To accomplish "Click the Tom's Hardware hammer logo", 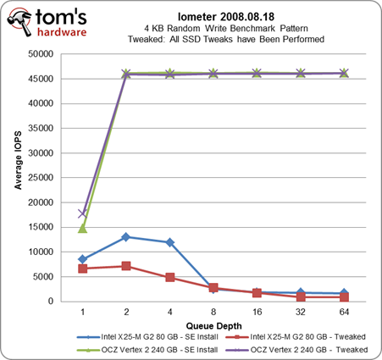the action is click(19, 21).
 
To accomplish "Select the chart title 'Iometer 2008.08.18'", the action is click(226, 17).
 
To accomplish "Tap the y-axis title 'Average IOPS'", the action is click(18, 160).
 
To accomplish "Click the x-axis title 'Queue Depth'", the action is click(213, 326).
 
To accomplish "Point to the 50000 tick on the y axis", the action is click(41, 54).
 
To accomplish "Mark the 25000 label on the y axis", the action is click(41, 178).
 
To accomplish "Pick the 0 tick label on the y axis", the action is click(51, 302).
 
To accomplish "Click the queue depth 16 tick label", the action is click(257, 312).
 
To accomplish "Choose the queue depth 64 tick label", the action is click(344, 312).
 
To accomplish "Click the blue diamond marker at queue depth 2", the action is click(126, 237).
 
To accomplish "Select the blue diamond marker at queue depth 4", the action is click(169, 242).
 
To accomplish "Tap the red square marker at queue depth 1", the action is click(82, 269).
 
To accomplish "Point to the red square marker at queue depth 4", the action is click(169, 277).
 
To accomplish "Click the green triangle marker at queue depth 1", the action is click(82, 228).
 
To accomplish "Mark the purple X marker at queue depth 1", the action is click(82, 213).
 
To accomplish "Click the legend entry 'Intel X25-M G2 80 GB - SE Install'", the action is click(147, 337).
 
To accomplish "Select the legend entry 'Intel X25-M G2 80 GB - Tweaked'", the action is click(296, 337).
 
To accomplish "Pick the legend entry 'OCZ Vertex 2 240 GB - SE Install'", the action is click(147, 350).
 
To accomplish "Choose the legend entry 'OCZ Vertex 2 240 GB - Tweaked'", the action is click(296, 350).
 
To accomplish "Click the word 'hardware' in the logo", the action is click(62, 32).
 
